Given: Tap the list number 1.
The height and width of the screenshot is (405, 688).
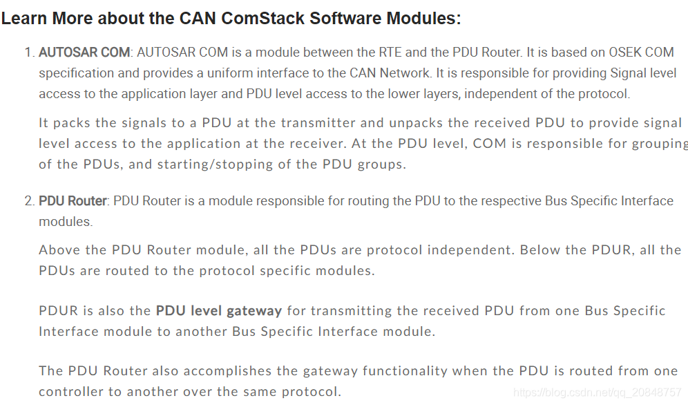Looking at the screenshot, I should (x=28, y=53).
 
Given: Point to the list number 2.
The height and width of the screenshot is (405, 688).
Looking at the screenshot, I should (x=28, y=201).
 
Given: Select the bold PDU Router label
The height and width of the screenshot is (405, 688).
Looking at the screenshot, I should (x=73, y=201).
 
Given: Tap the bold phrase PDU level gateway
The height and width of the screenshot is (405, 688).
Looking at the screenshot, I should (x=219, y=311).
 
